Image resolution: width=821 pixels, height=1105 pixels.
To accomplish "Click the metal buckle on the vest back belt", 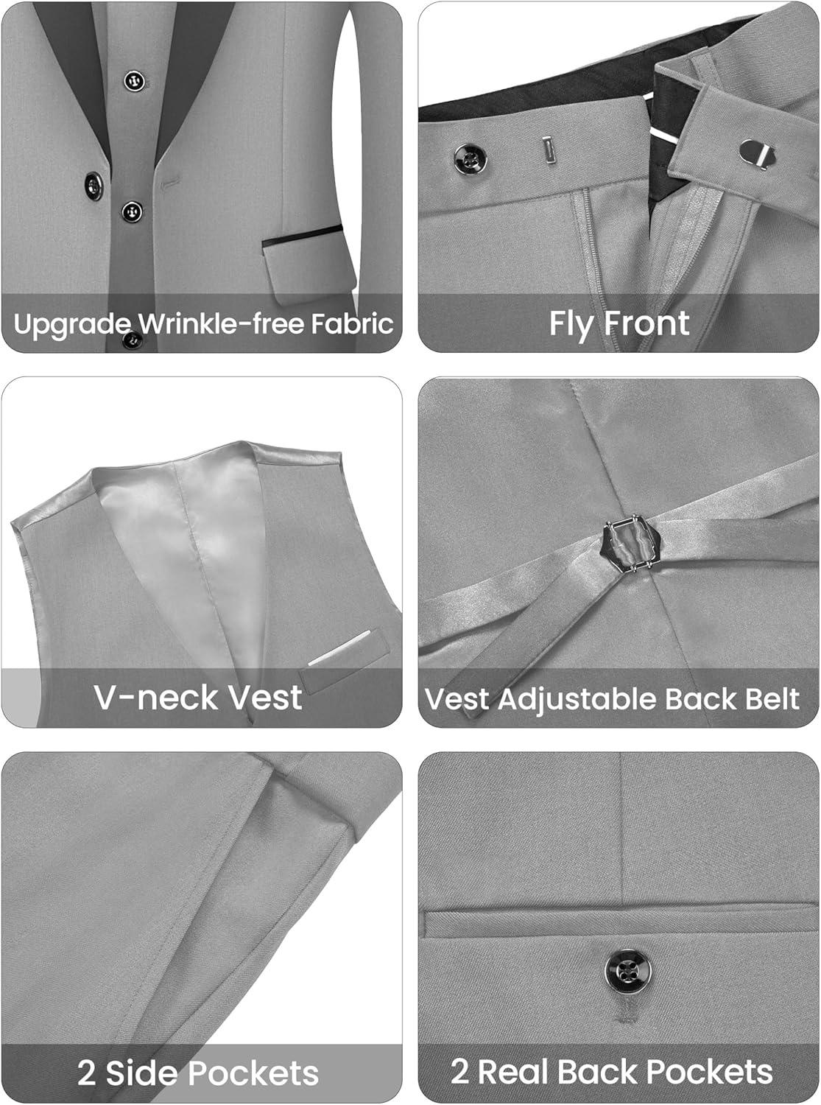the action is click(632, 545).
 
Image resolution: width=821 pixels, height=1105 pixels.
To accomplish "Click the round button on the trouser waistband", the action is click(471, 159).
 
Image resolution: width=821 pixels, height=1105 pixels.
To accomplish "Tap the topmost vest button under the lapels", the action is click(134, 80).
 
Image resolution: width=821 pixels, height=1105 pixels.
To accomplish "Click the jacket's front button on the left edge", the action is click(94, 186).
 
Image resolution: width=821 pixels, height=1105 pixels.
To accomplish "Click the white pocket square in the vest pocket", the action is click(339, 648).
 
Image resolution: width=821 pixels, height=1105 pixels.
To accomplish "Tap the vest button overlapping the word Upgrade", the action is click(132, 340).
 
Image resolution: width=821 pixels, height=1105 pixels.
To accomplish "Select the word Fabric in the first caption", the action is click(352, 324).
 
